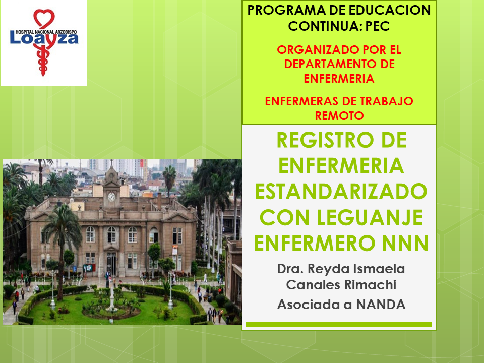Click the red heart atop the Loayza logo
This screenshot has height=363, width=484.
[x=44, y=19]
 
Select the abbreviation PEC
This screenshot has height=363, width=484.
[x=378, y=26]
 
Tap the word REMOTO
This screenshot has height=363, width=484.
[x=339, y=116]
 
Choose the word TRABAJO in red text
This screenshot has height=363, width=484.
[x=387, y=101]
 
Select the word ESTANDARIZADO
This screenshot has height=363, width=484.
[x=341, y=192]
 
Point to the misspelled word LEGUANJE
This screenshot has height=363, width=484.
[x=370, y=218]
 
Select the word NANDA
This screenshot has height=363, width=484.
[x=381, y=305]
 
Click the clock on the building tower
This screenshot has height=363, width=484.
[x=111, y=197]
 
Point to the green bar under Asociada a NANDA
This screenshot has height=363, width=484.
[x=339, y=324]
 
